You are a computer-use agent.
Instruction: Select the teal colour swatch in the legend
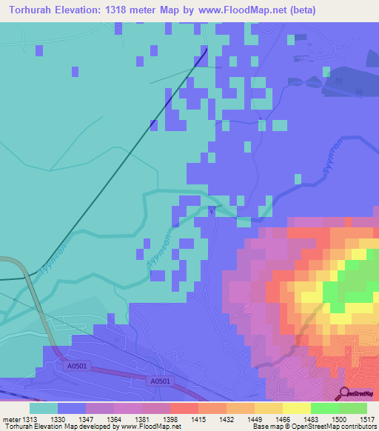[44, 408]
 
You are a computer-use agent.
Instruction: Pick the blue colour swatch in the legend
[72, 408]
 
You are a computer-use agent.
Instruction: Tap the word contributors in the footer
[358, 427]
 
